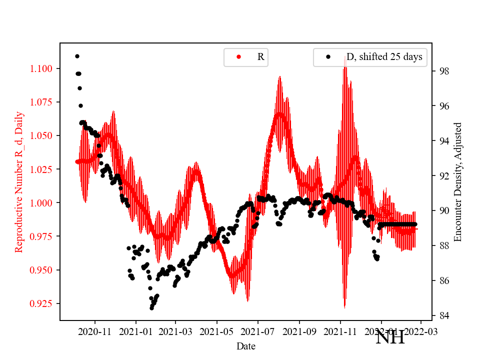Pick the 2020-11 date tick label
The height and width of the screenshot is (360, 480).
tap(94, 331)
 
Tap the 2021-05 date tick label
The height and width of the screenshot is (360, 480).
tap(217, 331)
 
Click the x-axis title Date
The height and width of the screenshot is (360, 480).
tap(246, 345)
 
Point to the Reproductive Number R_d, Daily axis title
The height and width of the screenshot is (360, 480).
tap(19, 181)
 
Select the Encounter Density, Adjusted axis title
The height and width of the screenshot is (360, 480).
tap(458, 181)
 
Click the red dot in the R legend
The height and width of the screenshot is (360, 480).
tap(238, 57)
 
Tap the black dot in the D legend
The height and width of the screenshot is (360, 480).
tap(328, 57)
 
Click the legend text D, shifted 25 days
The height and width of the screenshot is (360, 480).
tap(384, 57)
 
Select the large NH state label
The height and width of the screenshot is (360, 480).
tap(390, 337)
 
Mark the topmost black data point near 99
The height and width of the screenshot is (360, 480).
tap(77, 56)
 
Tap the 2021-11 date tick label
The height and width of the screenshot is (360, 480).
tap(340, 331)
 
